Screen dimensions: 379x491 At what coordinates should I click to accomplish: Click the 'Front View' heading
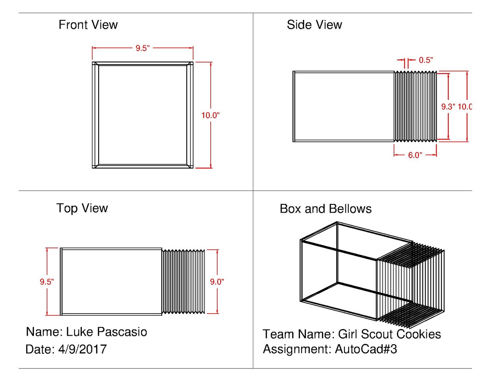(88, 25)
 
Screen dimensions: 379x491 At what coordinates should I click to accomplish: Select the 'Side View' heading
(314, 25)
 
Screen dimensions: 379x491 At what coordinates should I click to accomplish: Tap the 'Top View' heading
(82, 208)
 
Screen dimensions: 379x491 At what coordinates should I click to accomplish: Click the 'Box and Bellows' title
(325, 209)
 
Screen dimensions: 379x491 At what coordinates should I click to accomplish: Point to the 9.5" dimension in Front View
(143, 48)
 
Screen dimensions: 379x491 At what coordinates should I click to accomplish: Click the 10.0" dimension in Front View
(210, 115)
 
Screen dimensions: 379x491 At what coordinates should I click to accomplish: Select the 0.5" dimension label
(426, 61)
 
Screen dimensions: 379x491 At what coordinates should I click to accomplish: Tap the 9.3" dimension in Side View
(448, 107)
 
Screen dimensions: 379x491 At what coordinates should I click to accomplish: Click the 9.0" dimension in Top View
(217, 281)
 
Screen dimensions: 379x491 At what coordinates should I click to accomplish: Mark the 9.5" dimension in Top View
(47, 282)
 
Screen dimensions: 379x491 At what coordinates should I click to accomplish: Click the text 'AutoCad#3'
(366, 350)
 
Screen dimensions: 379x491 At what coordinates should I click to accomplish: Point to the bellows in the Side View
(415, 106)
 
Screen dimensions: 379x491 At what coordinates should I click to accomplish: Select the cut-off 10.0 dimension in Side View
(465, 107)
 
